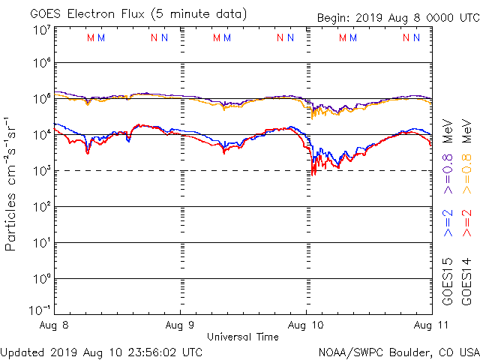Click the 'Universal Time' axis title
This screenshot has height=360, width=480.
coord(243,337)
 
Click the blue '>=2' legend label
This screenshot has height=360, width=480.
coord(448,223)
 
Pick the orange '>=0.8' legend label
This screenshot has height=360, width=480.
coord(466,173)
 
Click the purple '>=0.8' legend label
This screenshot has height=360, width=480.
coord(448,173)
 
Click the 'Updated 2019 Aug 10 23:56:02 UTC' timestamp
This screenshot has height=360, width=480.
coord(102,351)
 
